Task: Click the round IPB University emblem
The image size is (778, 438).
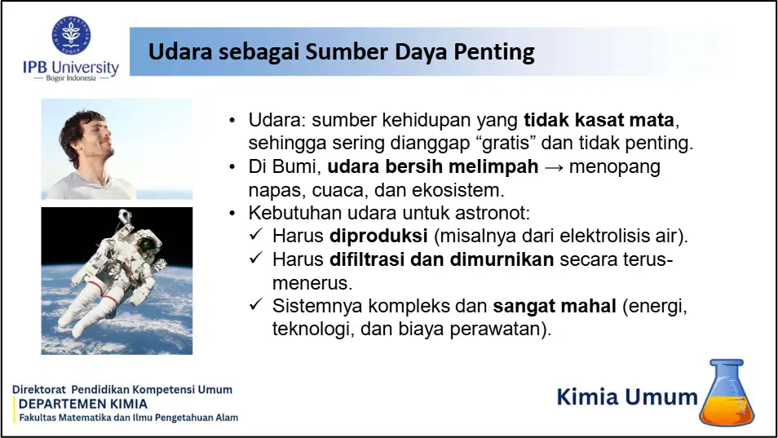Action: [x=71, y=35]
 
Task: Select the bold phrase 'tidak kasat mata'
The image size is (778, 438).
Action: [x=599, y=120]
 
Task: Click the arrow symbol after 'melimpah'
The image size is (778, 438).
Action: [x=554, y=167]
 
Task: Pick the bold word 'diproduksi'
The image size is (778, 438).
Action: [x=378, y=236]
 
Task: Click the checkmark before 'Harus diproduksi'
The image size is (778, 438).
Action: [x=256, y=234]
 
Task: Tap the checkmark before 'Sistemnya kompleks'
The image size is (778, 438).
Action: [x=256, y=304]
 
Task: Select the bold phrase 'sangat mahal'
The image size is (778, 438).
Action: [x=555, y=307]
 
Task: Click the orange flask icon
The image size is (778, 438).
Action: [x=727, y=392]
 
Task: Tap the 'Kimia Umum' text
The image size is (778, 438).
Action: [x=627, y=397]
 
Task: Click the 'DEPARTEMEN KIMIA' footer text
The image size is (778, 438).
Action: [x=83, y=404]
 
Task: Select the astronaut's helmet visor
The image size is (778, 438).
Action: [x=148, y=246]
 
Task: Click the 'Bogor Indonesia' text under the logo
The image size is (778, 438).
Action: [x=71, y=77]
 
